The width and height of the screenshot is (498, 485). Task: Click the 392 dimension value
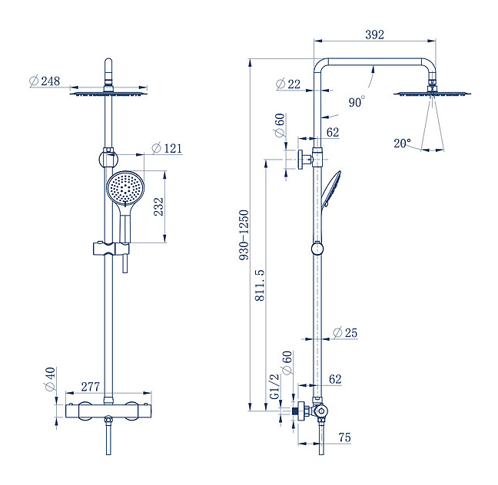[x=374, y=35]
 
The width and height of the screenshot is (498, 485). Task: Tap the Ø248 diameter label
[x=45, y=81]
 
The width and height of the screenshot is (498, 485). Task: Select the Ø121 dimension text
[x=167, y=148]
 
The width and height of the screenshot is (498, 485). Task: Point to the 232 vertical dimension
[x=159, y=207]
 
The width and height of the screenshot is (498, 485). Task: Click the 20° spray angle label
[x=403, y=143]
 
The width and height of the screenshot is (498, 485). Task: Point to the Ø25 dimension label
[x=345, y=333]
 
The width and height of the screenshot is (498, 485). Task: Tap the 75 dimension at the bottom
[x=344, y=437]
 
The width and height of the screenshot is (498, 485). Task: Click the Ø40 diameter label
[x=50, y=378]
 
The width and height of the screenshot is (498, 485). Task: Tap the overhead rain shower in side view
[x=432, y=94]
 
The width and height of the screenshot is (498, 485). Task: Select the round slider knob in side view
[x=317, y=248]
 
